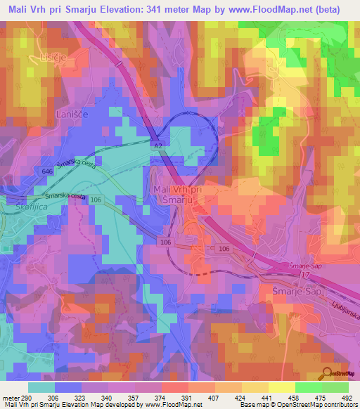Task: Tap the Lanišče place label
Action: [72, 113]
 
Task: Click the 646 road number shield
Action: [47, 171]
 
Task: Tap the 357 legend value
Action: [139, 397]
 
